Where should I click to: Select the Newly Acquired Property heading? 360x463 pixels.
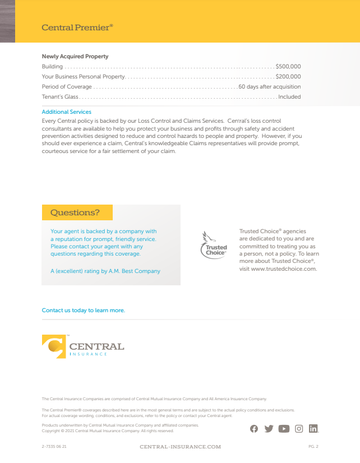tap(75, 57)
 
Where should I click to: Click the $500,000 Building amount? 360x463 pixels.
tap(288, 67)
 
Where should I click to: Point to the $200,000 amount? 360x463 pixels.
tap(288, 77)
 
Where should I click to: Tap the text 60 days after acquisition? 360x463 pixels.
tap(270, 87)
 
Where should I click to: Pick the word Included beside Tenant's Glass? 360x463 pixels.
tap(289, 97)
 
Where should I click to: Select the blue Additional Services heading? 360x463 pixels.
tap(66, 112)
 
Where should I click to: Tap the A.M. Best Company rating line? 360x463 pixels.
tap(105, 271)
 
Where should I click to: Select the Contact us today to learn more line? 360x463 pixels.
tap(84, 311)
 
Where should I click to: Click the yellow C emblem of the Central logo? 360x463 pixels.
tap(54, 346)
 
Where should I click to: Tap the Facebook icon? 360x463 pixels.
tap(254, 429)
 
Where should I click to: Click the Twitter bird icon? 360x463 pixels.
tap(269, 429)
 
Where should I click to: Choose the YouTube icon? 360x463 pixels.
tap(284, 429)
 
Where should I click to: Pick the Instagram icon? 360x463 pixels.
tap(299, 429)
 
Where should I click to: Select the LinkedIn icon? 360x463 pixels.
tap(313, 429)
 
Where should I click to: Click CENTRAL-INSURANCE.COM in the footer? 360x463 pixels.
tap(180, 447)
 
